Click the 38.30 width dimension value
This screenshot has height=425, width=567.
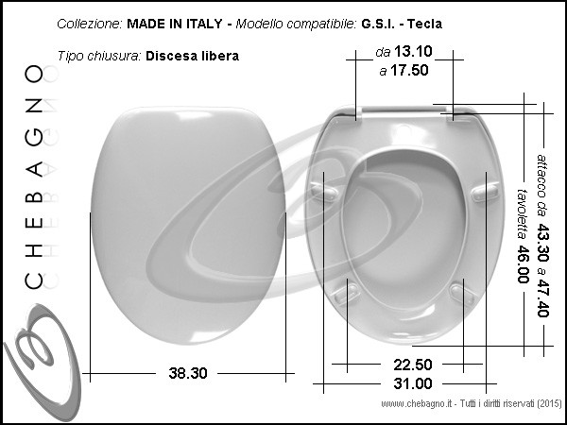[188, 373]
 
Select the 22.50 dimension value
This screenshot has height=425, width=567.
[413, 365]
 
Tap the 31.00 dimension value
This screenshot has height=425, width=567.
[413, 383]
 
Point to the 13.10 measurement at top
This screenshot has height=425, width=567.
[413, 51]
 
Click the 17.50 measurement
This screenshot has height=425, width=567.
[409, 70]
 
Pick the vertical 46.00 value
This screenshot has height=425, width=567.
[523, 264]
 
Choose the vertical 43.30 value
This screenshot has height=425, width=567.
[542, 242]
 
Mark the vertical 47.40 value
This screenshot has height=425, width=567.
[542, 297]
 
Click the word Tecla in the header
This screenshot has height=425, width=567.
[424, 24]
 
